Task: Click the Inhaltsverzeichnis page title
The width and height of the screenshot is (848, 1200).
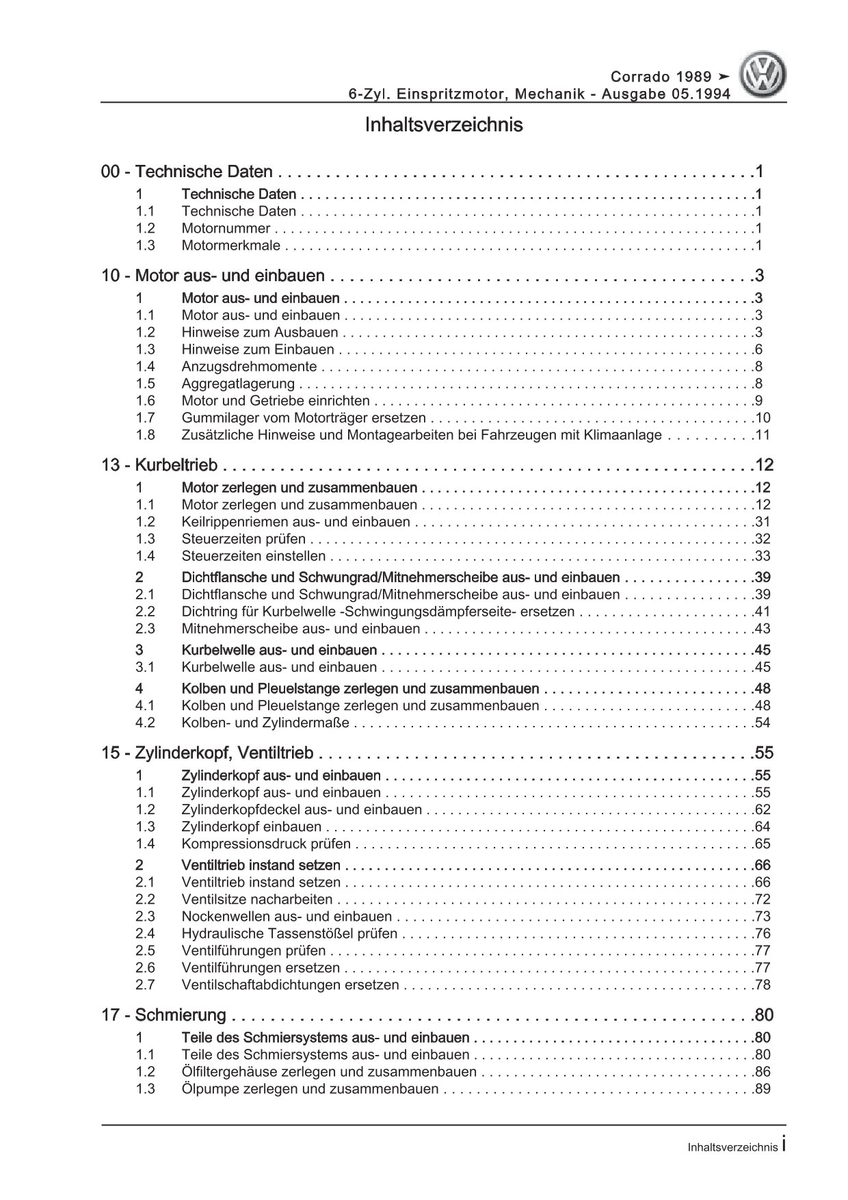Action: pos(444,125)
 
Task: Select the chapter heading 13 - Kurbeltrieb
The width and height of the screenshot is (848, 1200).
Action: pos(159,465)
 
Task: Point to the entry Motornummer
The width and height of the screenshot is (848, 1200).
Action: pos(226,229)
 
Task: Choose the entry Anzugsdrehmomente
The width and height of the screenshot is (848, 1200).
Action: pos(249,367)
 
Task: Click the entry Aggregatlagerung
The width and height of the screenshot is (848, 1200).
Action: pos(238,384)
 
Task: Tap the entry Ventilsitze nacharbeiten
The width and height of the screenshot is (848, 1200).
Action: pos(257,899)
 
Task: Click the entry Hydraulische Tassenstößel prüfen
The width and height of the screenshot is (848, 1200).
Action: pos(289,933)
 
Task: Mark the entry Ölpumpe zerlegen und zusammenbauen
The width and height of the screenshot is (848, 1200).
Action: pos(310,1088)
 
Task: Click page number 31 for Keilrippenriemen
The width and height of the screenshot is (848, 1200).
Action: pos(762,522)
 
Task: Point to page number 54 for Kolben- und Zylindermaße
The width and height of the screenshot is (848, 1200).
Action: pos(762,722)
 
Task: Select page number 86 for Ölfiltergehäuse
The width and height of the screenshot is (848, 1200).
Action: pos(762,1071)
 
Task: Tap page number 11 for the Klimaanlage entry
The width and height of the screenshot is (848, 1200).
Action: pos(763,435)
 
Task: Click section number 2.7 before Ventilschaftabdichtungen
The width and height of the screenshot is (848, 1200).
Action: pos(145,984)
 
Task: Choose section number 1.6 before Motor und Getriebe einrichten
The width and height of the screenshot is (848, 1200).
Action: pos(145,401)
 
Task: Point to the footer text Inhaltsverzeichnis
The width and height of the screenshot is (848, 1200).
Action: pos(732,1147)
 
